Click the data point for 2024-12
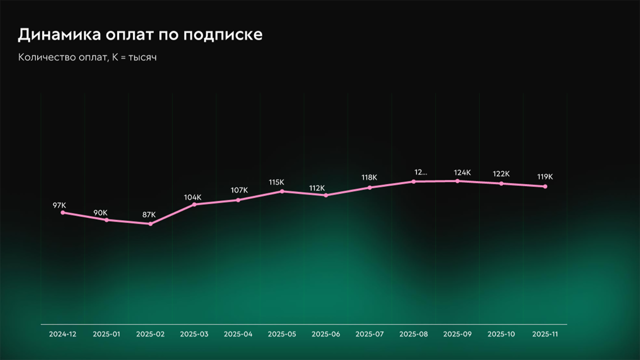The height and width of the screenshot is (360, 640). [63, 213]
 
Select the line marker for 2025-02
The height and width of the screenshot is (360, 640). [150, 224]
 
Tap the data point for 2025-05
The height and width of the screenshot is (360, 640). [282, 192]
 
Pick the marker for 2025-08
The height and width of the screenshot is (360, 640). [414, 182]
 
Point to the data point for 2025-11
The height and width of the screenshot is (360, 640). [545, 187]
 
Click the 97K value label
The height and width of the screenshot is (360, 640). [59, 205]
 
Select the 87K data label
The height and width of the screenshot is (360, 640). [149, 215]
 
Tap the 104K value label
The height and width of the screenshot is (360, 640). [193, 197]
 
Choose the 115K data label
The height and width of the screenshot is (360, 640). [276, 182]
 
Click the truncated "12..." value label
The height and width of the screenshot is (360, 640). [421, 172]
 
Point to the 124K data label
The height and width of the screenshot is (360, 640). [462, 173]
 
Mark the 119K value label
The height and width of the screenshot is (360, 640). [545, 177]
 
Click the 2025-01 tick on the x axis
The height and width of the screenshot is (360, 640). [106, 334]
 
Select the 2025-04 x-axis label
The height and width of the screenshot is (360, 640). [238, 334]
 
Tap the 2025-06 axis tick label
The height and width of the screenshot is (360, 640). [326, 334]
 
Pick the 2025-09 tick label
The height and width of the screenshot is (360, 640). [457, 334]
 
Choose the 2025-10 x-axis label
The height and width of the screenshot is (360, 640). [501, 334]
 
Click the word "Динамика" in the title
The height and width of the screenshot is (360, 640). [59, 35]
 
